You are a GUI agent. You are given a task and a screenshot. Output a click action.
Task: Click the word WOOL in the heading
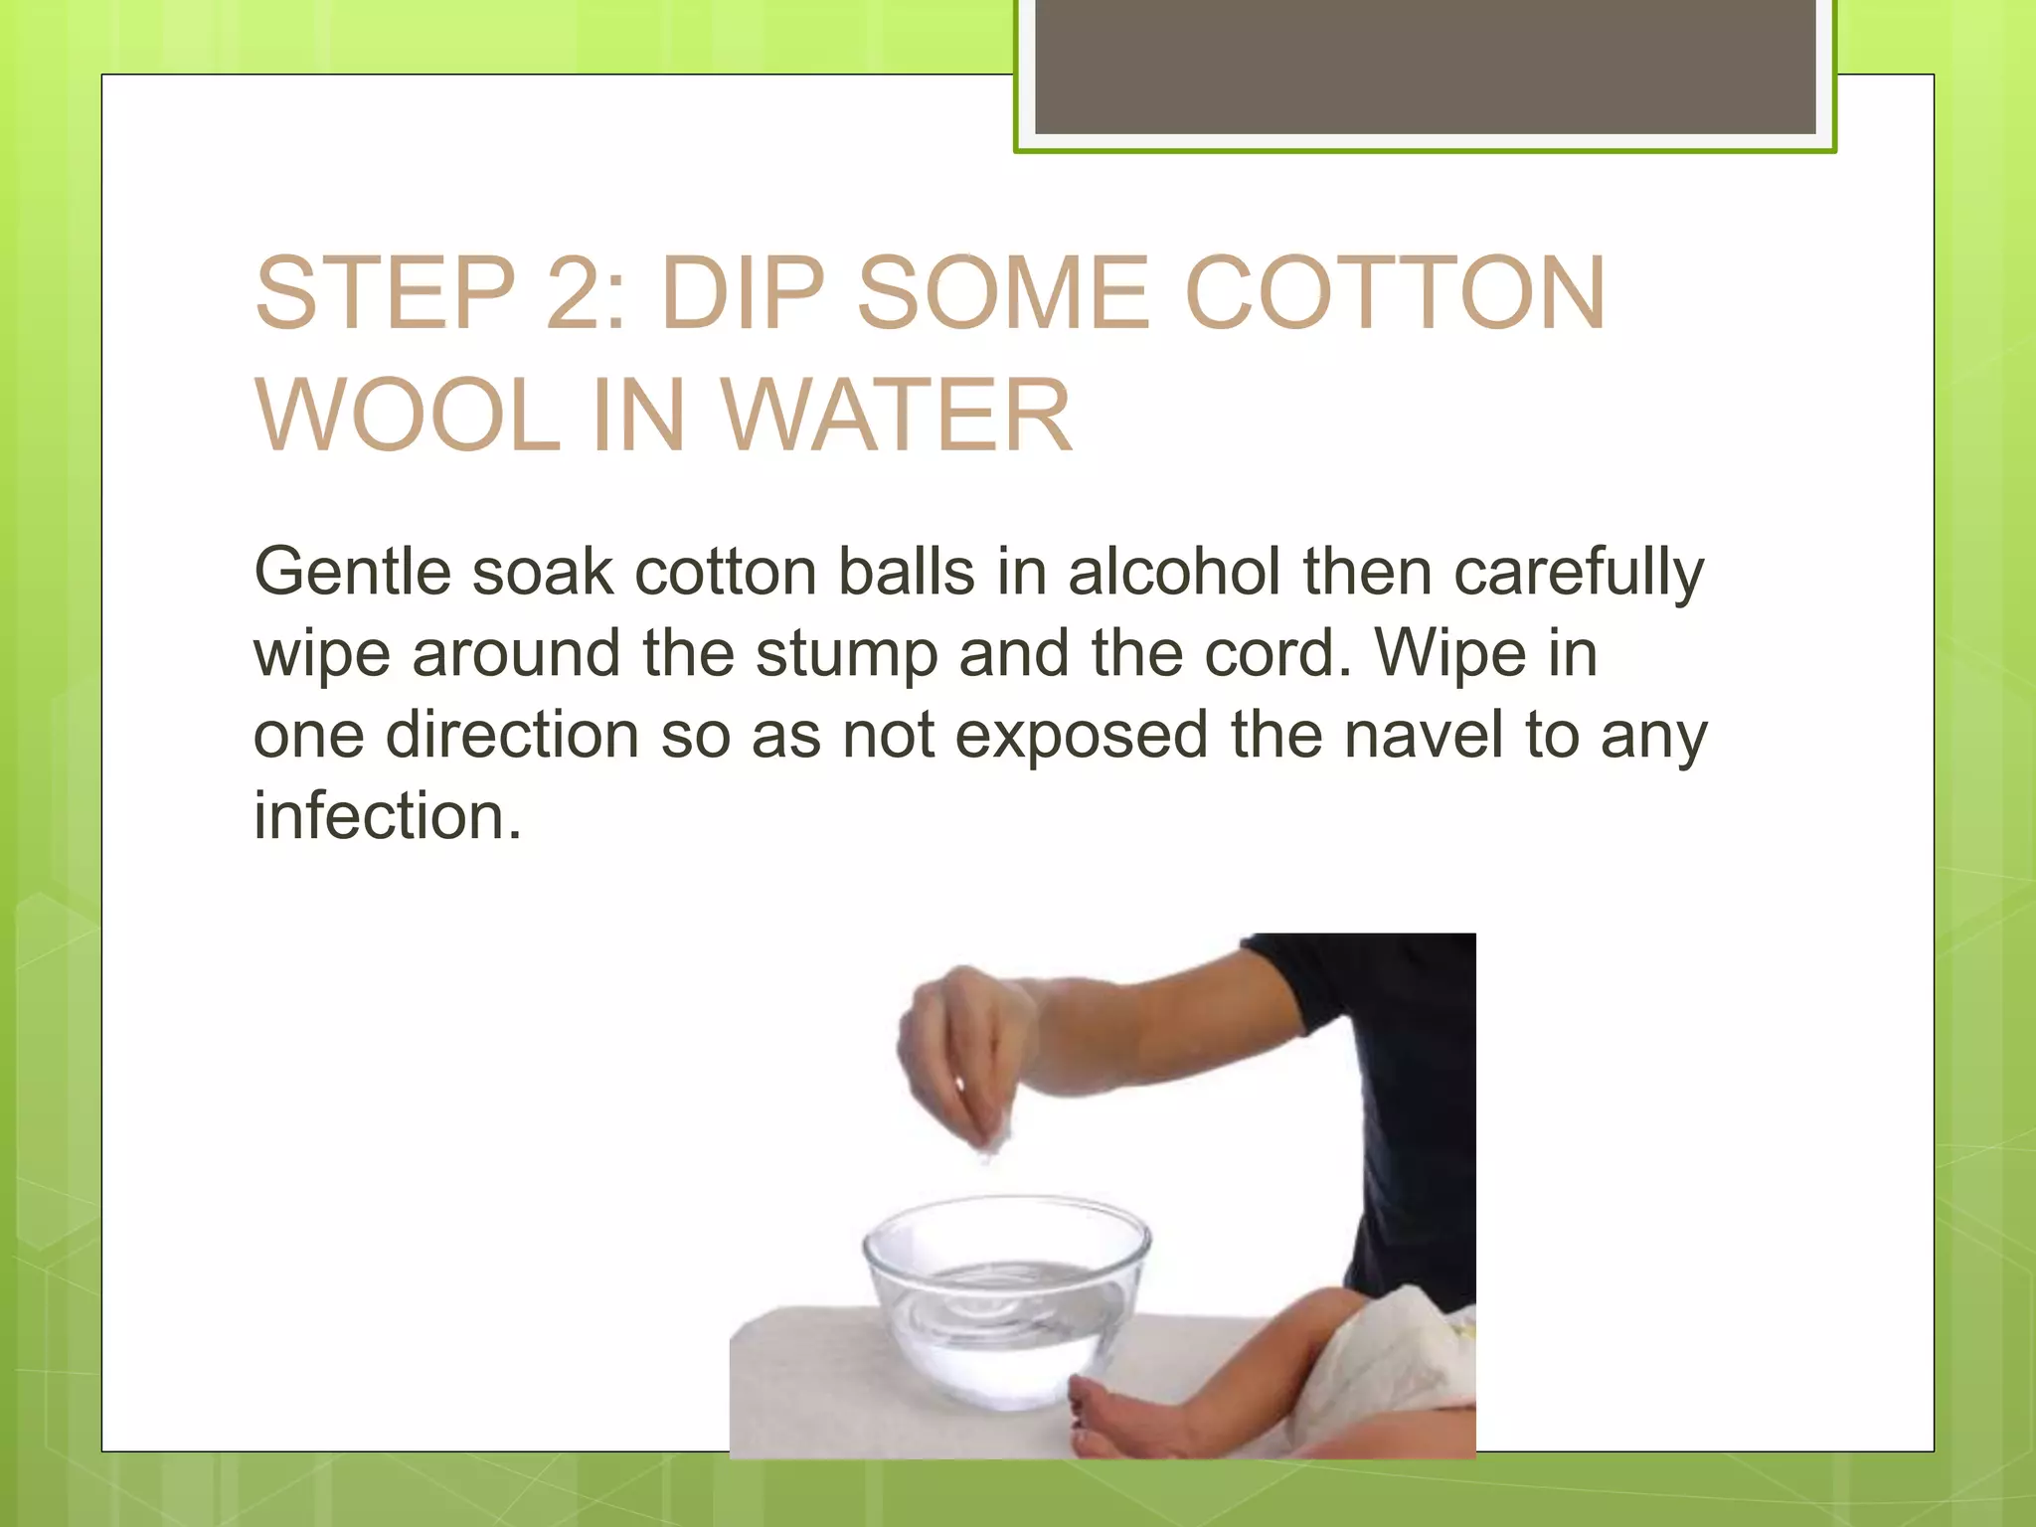(x=408, y=416)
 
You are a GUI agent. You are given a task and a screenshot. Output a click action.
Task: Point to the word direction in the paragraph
(x=512, y=735)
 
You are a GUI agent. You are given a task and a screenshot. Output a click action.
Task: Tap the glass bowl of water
(x=1005, y=1302)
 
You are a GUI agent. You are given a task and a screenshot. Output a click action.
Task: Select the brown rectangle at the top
(x=1425, y=68)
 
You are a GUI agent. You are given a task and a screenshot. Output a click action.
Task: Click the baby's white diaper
(x=1392, y=1362)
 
